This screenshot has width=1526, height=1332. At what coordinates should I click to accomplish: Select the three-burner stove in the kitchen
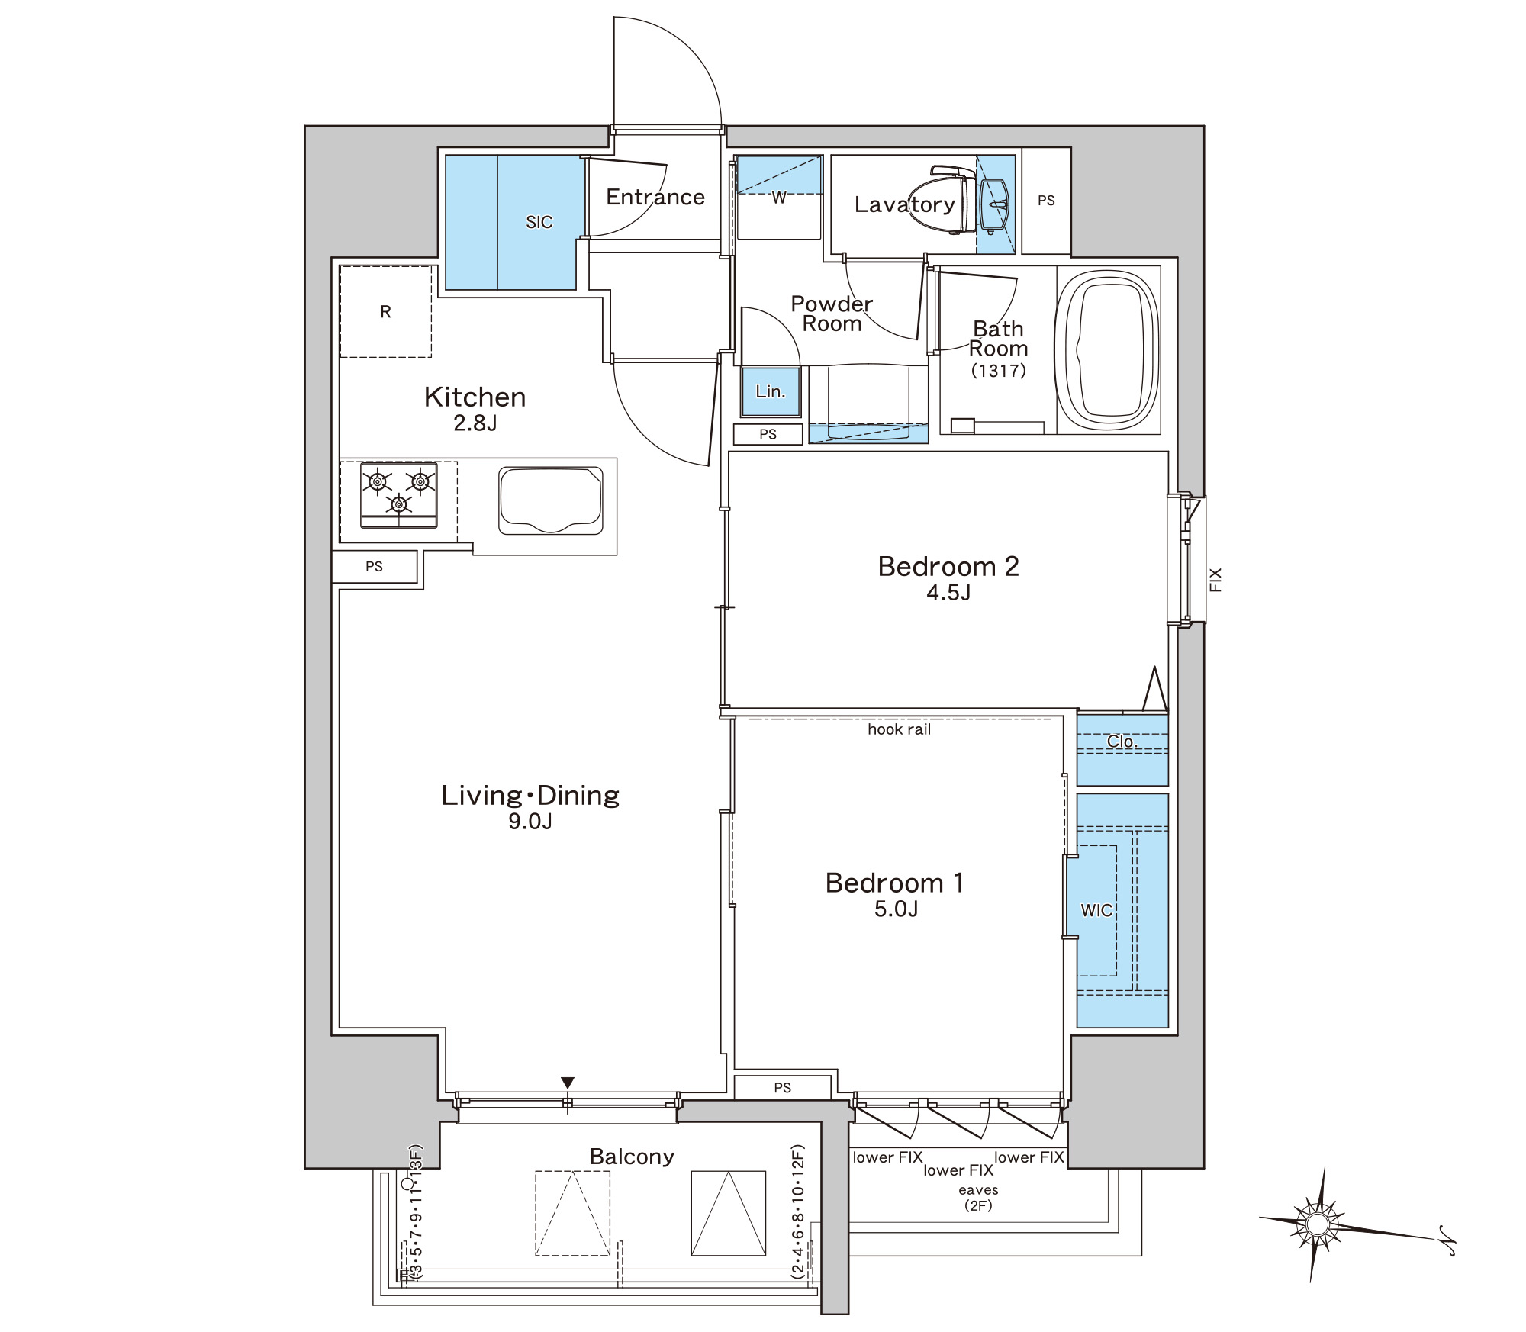click(x=399, y=494)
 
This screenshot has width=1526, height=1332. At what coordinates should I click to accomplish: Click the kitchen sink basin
click(x=551, y=500)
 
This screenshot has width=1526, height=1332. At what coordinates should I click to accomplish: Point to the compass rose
click(x=1318, y=1224)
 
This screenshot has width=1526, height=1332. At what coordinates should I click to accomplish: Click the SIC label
click(x=539, y=222)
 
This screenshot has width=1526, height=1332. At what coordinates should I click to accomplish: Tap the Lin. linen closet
click(x=771, y=392)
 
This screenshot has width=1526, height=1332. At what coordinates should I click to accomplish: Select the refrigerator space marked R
click(x=385, y=311)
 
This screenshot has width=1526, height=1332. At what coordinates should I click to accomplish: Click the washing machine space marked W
click(x=778, y=198)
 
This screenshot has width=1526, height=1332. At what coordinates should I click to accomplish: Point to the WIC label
click(x=1096, y=910)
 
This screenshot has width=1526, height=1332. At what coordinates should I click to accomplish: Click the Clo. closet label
click(x=1122, y=742)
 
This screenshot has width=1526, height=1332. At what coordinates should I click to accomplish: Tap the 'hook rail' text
click(x=899, y=729)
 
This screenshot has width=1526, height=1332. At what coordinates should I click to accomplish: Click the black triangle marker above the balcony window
click(x=567, y=1083)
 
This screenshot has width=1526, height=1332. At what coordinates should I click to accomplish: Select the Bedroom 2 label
click(x=948, y=566)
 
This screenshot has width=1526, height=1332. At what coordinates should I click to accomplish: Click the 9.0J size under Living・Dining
click(x=530, y=821)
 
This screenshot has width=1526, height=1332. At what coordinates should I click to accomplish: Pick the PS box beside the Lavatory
click(x=1046, y=201)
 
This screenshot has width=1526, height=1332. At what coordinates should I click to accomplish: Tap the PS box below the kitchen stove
click(x=374, y=567)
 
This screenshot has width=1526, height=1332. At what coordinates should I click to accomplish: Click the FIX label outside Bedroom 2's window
click(x=1215, y=580)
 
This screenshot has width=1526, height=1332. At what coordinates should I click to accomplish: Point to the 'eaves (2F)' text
click(x=978, y=1198)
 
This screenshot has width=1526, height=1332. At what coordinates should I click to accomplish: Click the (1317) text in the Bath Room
click(x=998, y=371)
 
